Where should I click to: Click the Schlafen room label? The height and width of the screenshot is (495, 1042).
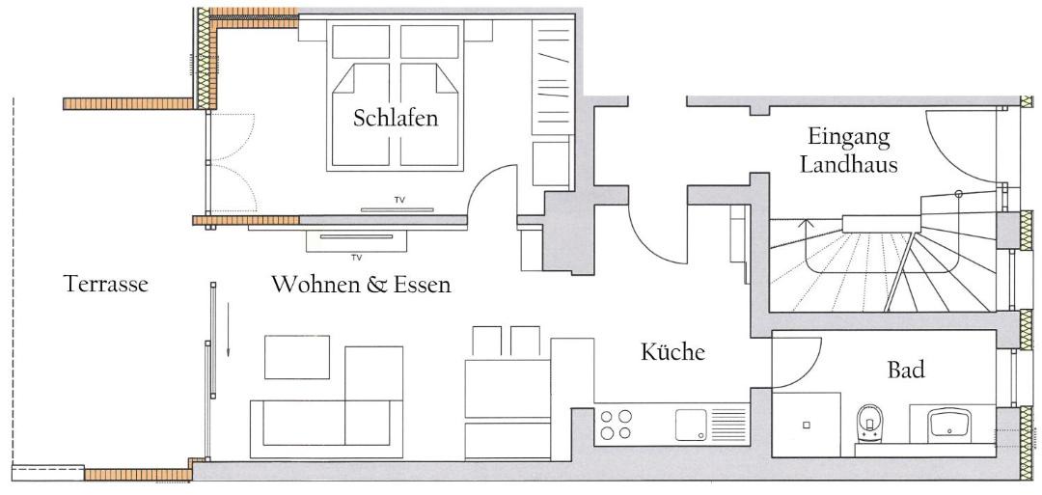click(x=396, y=119)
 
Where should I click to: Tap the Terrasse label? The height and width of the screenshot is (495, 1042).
click(x=106, y=284)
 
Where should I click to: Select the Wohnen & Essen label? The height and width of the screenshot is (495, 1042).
click(x=362, y=285)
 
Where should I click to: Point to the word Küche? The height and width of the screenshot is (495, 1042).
click(x=672, y=351)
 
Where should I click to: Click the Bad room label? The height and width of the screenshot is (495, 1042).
click(x=906, y=371)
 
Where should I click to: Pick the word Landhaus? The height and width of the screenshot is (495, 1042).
click(x=849, y=164)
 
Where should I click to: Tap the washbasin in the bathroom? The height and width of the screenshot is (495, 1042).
click(x=950, y=424)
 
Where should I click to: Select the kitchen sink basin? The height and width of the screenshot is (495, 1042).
click(x=691, y=426)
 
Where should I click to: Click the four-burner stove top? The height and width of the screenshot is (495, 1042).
click(x=616, y=425)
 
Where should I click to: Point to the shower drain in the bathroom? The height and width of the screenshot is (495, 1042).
click(x=806, y=424)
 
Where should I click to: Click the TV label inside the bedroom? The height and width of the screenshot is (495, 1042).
click(x=399, y=200)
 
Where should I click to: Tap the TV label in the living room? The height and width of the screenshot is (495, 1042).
click(x=356, y=258)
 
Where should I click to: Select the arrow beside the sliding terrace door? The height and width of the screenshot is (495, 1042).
click(x=228, y=329)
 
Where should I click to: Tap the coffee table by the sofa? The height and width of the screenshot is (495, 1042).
click(x=297, y=357)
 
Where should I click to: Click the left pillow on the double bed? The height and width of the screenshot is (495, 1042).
click(x=361, y=41)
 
